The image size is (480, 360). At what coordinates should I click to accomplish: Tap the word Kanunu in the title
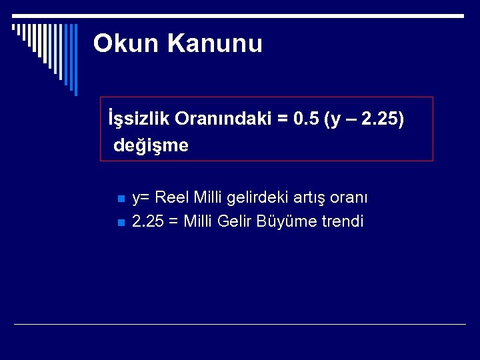click(215, 44)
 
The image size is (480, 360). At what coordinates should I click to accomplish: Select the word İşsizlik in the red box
click(139, 119)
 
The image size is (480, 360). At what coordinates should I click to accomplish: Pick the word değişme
click(151, 145)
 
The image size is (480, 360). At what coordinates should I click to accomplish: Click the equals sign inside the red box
click(283, 119)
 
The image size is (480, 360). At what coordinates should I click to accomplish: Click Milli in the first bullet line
click(208, 198)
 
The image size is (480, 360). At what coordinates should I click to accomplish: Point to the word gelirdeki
click(255, 198)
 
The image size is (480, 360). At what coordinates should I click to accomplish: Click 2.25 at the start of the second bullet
click(147, 221)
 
